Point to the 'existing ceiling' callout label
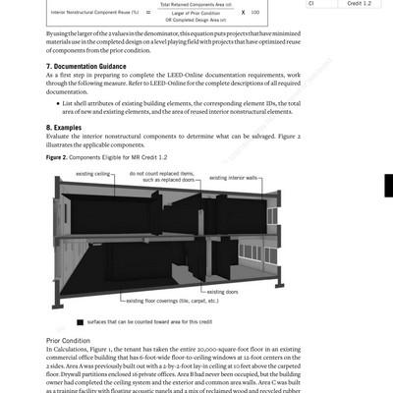point(85,174)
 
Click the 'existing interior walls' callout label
point(232,179)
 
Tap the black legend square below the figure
point(78,321)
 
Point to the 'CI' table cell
point(312,4)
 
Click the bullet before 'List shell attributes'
point(62,101)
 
